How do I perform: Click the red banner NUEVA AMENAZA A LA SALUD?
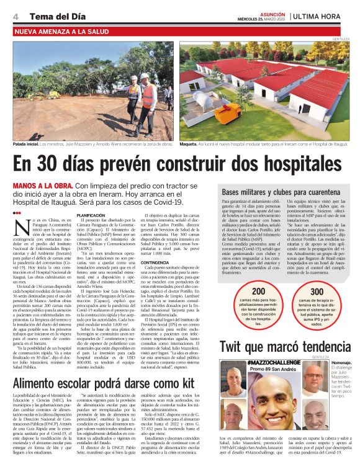60,30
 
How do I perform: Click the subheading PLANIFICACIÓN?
91,215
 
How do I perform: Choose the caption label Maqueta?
205,143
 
